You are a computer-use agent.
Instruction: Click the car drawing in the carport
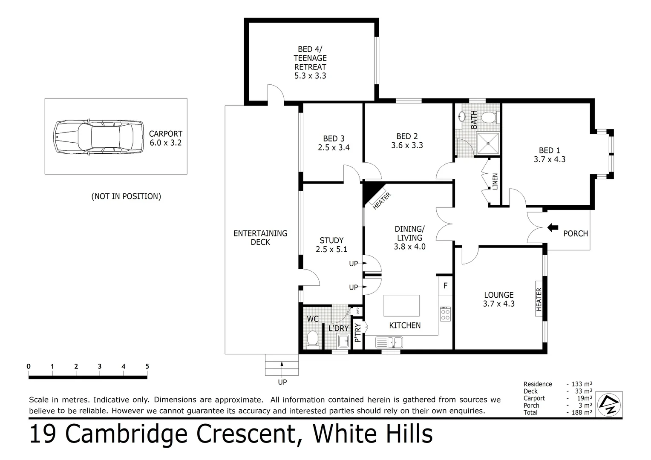(x=99, y=136)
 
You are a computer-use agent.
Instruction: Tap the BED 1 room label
(x=549, y=150)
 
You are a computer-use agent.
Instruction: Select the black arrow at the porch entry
(x=553, y=227)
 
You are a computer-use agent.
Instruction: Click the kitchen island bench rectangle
(x=401, y=305)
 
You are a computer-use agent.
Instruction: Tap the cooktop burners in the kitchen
(x=445, y=313)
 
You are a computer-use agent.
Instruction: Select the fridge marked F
(x=445, y=286)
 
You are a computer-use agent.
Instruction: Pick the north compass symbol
(x=610, y=403)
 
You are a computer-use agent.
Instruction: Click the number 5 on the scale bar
(x=147, y=366)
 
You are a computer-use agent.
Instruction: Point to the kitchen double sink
(x=389, y=342)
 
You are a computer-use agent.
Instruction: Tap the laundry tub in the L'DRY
(x=343, y=341)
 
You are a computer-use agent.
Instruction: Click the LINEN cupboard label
(x=495, y=182)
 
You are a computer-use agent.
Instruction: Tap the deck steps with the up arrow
(x=282, y=365)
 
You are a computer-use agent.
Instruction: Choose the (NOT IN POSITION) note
(x=126, y=196)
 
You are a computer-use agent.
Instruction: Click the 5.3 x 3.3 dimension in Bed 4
(x=310, y=76)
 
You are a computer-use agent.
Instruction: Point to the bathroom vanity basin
(x=462, y=116)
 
